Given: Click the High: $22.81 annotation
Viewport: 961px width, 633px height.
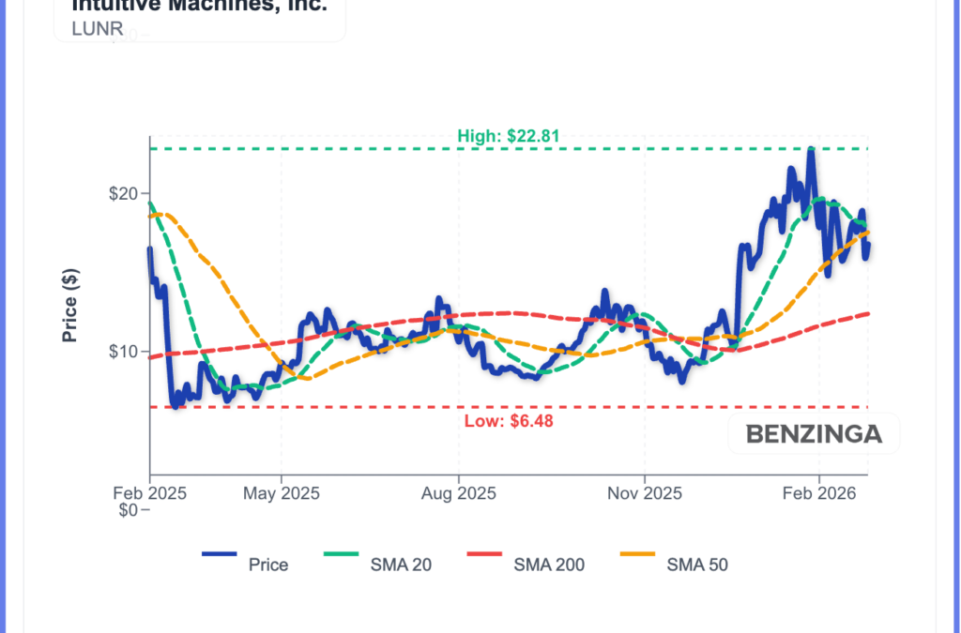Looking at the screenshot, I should [x=508, y=136].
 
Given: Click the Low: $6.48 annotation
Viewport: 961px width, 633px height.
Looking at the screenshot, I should [x=509, y=421].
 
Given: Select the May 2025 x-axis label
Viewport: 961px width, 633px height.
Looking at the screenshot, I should [x=282, y=492].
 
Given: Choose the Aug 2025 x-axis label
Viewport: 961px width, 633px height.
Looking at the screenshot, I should [x=458, y=492].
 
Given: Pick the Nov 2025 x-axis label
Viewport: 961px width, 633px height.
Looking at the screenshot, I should [x=645, y=492].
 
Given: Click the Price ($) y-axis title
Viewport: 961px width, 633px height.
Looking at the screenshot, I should [x=70, y=305].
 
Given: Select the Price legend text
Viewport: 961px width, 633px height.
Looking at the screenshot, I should [x=268, y=565].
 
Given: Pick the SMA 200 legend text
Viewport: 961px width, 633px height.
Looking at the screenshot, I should [x=549, y=565].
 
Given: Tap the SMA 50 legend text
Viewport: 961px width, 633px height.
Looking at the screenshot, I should [x=697, y=565].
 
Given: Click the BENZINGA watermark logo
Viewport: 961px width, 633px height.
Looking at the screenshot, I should [x=814, y=434].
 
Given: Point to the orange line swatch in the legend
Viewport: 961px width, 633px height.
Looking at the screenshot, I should [x=638, y=555].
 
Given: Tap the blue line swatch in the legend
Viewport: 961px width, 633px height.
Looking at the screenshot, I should [x=220, y=555].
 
